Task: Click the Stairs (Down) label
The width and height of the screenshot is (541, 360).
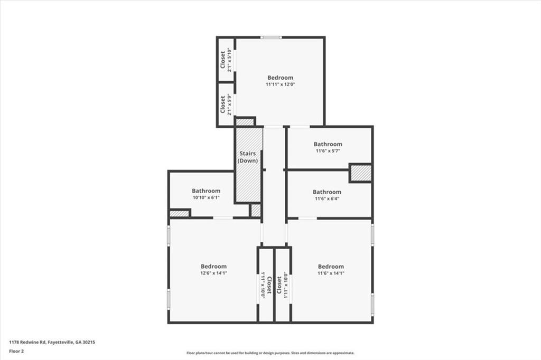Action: tap(247, 157)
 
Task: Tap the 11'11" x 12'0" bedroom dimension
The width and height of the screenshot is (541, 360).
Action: tap(280, 84)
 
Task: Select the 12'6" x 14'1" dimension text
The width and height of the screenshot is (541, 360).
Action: tap(213, 273)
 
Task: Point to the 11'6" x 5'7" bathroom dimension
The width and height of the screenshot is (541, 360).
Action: tap(328, 150)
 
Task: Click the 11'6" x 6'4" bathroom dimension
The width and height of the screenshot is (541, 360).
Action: tap(328, 198)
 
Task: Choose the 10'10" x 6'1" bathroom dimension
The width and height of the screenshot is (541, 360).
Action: tap(206, 197)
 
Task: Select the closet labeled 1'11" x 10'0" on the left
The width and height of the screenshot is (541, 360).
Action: tap(265, 285)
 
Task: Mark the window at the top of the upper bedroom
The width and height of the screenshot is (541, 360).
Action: tap(271, 37)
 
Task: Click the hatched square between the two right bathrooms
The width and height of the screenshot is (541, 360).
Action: tap(361, 173)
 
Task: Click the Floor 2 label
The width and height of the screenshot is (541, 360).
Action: tap(16, 350)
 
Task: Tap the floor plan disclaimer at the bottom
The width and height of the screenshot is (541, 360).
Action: tap(270, 353)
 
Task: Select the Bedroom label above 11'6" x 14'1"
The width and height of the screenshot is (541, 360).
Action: tap(331, 267)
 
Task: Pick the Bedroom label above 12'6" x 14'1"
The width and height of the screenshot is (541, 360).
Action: tap(213, 267)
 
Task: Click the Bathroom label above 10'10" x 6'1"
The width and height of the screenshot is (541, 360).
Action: tap(206, 191)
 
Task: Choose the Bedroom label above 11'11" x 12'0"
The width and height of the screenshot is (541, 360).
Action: tap(280, 78)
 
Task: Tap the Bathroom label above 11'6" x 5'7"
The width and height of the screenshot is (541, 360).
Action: tap(328, 144)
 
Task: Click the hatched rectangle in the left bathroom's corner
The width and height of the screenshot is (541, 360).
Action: tap(180, 214)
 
